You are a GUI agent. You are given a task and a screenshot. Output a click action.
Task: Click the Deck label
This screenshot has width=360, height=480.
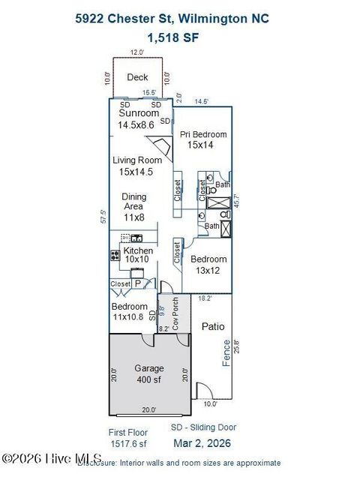137,77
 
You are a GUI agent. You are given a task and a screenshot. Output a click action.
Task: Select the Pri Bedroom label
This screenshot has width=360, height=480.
202,134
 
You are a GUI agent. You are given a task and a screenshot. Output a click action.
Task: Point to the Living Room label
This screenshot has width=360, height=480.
137,160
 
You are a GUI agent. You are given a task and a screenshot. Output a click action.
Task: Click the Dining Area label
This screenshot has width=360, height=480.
134,202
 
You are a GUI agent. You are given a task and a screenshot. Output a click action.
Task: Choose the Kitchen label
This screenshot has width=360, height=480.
138,250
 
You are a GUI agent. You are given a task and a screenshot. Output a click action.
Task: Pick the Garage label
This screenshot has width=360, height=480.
148,368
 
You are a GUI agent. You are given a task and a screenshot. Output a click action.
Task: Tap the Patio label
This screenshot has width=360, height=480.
213,326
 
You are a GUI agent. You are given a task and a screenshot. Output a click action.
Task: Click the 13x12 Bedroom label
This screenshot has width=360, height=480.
208,259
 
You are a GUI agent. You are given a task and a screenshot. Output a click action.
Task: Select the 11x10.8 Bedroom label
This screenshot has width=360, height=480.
130,307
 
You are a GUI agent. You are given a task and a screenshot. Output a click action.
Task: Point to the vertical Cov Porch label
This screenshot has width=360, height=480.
175,314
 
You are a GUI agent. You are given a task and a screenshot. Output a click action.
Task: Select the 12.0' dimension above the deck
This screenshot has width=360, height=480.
136,52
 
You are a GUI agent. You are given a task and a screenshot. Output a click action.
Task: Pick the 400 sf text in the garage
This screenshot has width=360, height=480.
148,380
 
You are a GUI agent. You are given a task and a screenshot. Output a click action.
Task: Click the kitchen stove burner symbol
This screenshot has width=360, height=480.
115,254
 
